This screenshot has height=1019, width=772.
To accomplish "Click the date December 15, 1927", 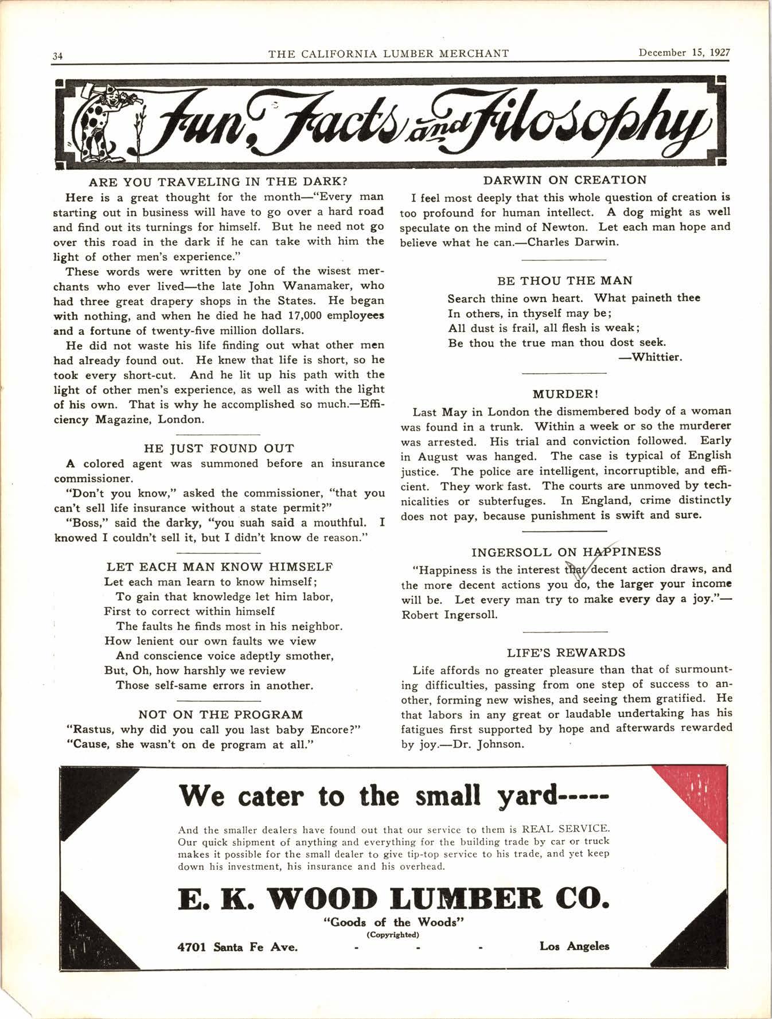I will (x=684, y=53).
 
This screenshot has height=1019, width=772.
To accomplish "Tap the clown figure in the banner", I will (x=99, y=120).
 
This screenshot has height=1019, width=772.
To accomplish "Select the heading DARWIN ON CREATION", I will (x=565, y=180).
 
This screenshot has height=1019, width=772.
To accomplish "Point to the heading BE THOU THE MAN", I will (x=565, y=281).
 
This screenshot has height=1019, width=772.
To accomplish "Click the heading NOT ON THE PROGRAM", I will (x=220, y=715).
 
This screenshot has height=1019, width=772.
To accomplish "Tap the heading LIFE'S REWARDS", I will (x=566, y=653).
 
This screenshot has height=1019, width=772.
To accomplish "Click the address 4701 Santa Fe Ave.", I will (x=237, y=947).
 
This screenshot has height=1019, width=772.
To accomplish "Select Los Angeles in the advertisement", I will (x=574, y=946).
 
